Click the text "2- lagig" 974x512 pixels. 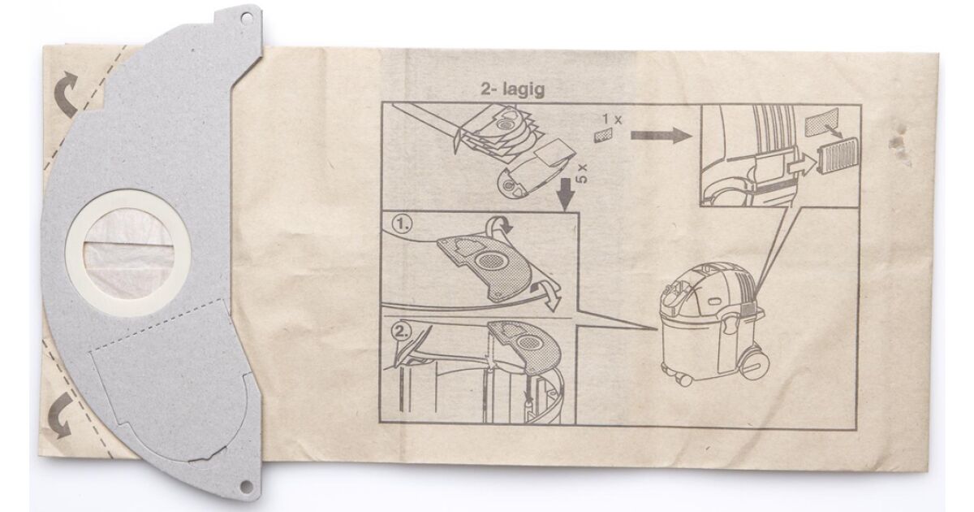pos(512,89)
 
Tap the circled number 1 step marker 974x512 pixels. pos(402,225)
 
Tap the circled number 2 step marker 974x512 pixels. pos(401,332)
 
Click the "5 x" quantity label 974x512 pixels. pos(583,174)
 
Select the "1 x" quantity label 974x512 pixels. pos(612,119)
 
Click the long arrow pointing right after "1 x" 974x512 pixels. pos(662,136)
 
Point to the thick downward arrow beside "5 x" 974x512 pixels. pos(567,194)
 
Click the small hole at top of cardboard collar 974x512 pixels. pos(247,18)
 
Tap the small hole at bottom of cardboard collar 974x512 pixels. pos(245,484)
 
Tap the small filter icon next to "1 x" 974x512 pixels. pos(603,136)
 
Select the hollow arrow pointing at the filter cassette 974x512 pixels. pos(801,166)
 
